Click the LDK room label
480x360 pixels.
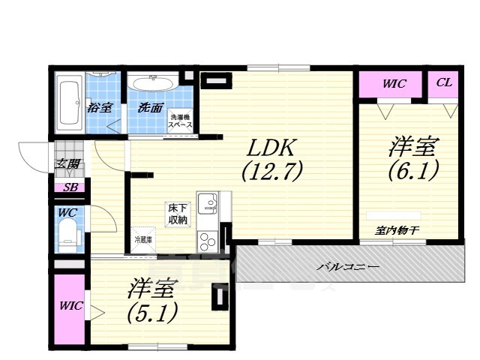click(x=271, y=146)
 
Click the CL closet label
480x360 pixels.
click(x=444, y=82)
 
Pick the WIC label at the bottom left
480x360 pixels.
click(x=71, y=306)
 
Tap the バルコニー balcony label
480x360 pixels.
click(x=346, y=267)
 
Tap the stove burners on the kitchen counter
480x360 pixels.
click(x=205, y=240)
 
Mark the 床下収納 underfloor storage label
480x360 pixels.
click(x=177, y=214)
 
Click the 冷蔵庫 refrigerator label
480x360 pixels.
click(x=142, y=240)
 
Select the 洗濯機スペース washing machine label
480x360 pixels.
click(x=181, y=121)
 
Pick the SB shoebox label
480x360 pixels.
click(x=69, y=187)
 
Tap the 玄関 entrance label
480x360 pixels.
click(x=66, y=164)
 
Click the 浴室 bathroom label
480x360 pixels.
click(x=100, y=107)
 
